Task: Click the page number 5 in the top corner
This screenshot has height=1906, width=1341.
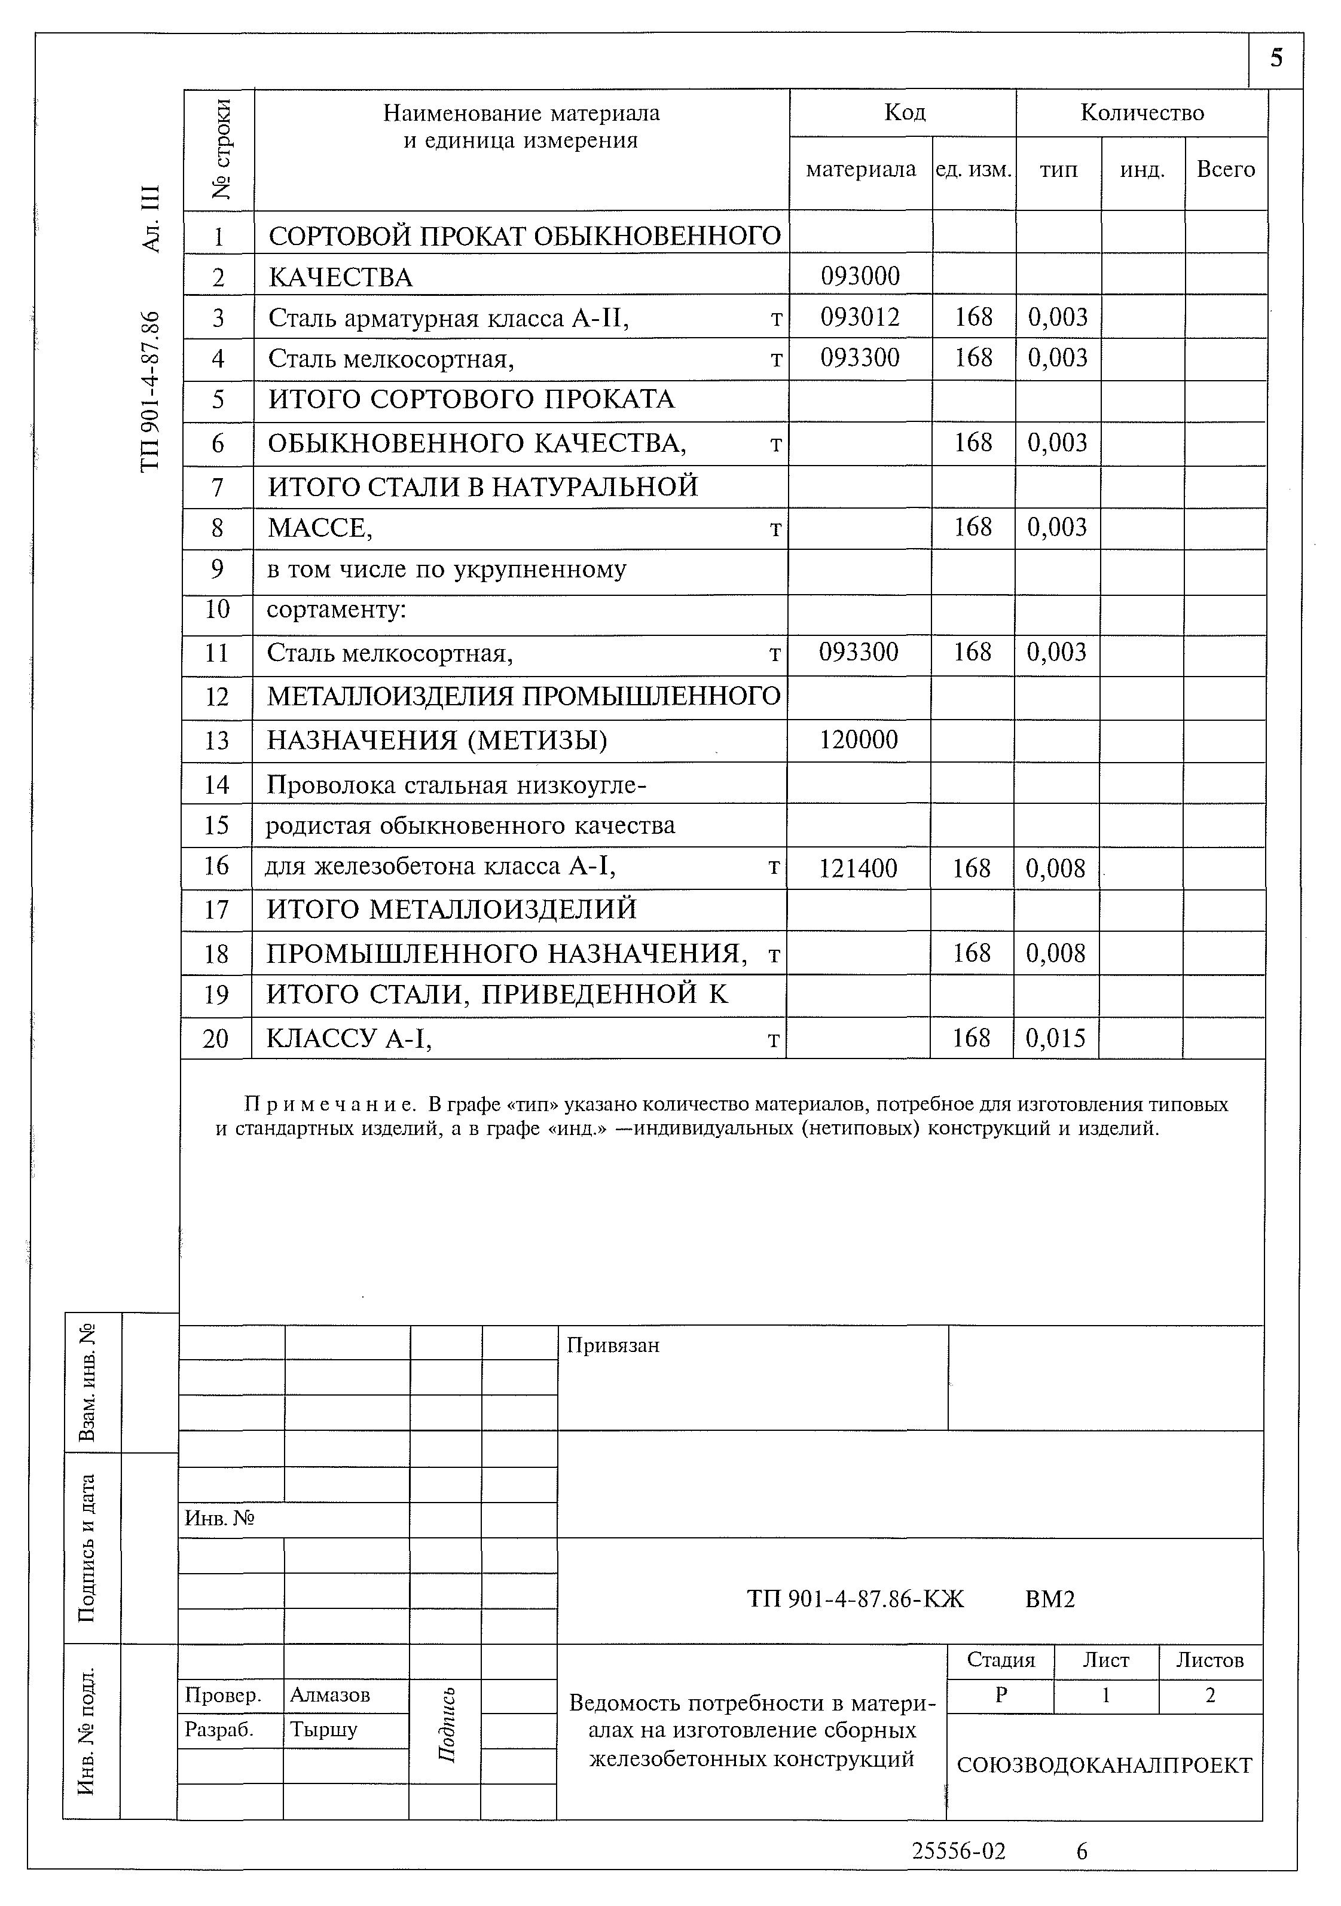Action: point(1276,58)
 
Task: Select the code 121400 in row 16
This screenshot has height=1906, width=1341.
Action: point(858,868)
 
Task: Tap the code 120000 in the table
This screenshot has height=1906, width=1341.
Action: point(859,740)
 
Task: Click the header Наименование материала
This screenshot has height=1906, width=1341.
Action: point(521,114)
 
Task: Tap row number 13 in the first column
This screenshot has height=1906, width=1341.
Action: point(216,740)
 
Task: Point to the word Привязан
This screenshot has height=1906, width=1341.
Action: point(613,1345)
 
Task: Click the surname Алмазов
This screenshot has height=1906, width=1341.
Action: point(329,1694)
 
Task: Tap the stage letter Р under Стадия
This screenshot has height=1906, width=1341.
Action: point(1001,1695)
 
